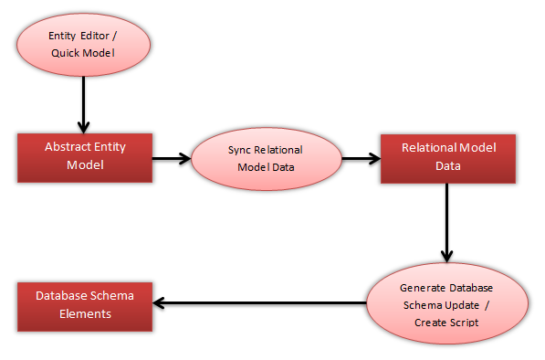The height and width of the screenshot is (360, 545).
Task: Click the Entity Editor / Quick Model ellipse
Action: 83,43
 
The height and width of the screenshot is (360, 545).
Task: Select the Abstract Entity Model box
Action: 85,156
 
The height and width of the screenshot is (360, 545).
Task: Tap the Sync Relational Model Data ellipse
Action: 265,157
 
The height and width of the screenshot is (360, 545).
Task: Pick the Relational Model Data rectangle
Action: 447,157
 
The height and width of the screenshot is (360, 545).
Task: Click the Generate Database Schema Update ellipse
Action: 447,304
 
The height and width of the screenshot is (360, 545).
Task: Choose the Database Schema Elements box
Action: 85,304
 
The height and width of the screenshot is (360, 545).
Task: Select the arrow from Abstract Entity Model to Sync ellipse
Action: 172,157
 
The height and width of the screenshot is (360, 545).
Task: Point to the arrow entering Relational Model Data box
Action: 360,157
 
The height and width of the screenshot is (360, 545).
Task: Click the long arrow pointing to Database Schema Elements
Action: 260,302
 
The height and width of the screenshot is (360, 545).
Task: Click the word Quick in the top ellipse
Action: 66,53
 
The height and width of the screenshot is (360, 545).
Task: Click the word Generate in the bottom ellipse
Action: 423,287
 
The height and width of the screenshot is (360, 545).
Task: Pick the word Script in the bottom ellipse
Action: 465,323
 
